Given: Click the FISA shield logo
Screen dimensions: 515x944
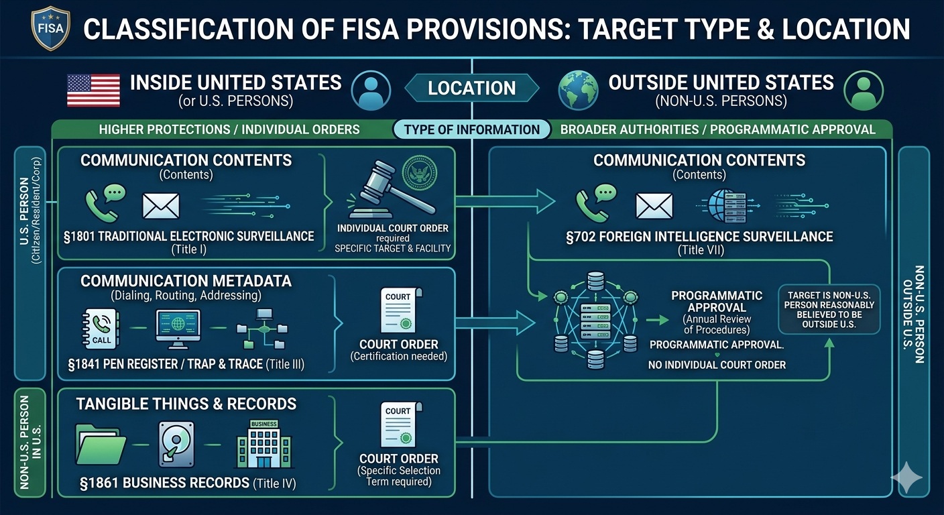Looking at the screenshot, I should tap(50, 30).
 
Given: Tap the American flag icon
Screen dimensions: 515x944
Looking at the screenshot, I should tap(93, 91).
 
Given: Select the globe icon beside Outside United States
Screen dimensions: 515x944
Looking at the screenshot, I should tap(579, 91).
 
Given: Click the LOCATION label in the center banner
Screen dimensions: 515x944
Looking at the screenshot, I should tap(472, 89).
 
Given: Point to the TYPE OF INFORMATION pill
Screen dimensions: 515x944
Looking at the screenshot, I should tap(472, 129).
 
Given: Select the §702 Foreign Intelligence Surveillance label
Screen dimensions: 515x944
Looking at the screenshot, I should tap(699, 237).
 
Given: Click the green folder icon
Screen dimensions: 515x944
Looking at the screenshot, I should tap(102, 443).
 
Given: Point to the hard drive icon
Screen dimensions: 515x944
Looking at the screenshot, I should tap(176, 444).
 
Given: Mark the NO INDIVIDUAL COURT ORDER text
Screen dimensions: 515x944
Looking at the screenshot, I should tap(717, 365).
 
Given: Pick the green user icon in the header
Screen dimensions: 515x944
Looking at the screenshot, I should tap(864, 91).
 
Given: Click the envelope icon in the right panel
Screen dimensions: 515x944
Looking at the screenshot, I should tap(654, 206).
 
